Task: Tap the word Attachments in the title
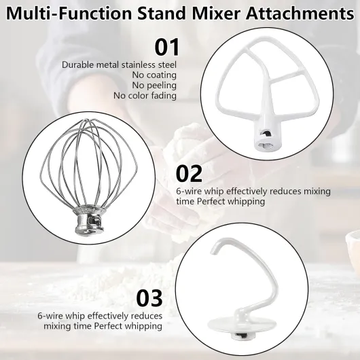(x=300, y=14)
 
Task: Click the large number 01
(x=167, y=47)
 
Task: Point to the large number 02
(x=190, y=174)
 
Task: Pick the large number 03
(x=149, y=298)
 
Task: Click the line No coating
(x=154, y=75)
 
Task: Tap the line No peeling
(x=154, y=85)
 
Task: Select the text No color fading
(x=145, y=96)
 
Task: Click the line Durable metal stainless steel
(x=119, y=65)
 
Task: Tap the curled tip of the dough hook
(x=213, y=249)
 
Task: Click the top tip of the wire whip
(x=88, y=120)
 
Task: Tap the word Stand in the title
(x=161, y=14)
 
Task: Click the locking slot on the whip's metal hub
(x=96, y=220)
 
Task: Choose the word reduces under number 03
(x=146, y=316)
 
